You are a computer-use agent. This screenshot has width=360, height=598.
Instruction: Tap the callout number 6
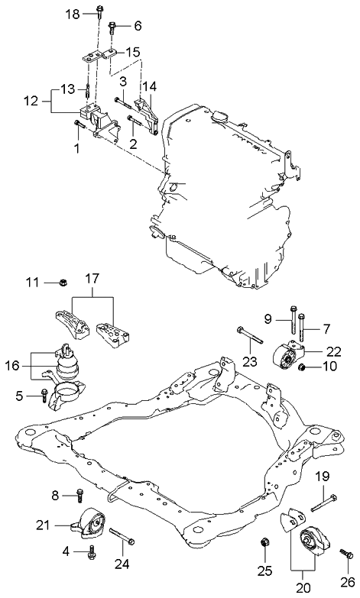[138, 25]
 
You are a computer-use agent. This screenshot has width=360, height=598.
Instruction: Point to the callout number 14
[149, 86]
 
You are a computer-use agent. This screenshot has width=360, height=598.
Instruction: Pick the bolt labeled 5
[45, 396]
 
